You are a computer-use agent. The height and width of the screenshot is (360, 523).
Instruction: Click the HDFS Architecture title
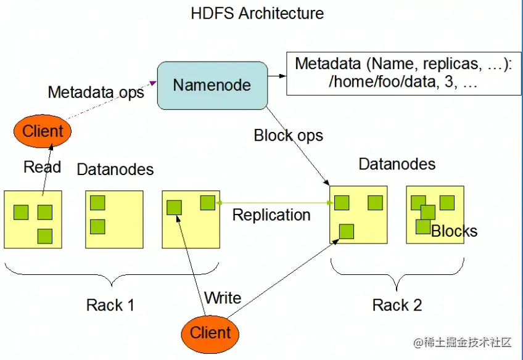pos(257,13)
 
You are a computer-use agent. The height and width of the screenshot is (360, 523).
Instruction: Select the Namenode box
pos(212,85)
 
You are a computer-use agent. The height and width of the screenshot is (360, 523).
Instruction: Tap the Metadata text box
pos(404,73)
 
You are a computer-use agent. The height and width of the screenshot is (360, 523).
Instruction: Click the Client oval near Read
pos(43,131)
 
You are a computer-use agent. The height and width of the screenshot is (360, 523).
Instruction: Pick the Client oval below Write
pos(210,333)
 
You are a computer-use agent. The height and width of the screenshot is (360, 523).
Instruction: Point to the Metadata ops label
pos(96,92)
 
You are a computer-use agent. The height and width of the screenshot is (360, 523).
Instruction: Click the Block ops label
pos(288,136)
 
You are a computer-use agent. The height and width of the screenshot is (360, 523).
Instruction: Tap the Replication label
pos(271,215)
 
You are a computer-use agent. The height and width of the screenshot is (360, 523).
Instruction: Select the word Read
pos(42,167)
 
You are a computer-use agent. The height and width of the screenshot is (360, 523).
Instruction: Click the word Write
pos(223,298)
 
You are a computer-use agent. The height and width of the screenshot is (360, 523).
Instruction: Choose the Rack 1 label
pos(110,305)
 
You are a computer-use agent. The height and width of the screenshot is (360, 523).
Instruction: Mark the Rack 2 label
pos(397,305)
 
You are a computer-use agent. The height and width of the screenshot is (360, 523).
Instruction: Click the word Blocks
pos(455,232)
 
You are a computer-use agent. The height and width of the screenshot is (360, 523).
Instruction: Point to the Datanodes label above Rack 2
pos(397,164)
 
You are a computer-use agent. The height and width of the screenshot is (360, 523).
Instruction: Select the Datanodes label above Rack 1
pos(115,169)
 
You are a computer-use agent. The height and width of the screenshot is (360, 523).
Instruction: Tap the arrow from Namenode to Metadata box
pos(277,76)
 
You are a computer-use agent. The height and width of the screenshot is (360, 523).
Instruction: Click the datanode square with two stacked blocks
pos(115,219)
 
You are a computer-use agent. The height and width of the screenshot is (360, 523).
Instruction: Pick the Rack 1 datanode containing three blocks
pos(33,219)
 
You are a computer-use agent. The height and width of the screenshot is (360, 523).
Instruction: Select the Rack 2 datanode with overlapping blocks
pos(435,215)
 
